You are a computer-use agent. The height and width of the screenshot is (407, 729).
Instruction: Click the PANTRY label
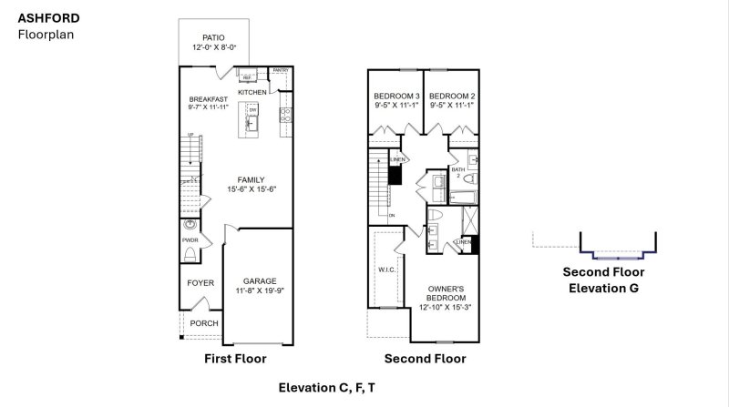281,69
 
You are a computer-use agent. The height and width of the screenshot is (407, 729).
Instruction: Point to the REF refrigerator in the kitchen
246,78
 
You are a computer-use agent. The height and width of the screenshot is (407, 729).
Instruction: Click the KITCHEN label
252,93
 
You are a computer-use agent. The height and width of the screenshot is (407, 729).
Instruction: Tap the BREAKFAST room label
208,99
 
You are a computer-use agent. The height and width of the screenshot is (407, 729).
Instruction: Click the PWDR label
190,240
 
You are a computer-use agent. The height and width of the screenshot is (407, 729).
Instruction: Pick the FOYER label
200,283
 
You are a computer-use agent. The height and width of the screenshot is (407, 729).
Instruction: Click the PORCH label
204,322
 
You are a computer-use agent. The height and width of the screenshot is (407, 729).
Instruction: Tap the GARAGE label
259,281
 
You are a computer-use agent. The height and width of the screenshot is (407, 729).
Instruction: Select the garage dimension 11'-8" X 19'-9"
259,292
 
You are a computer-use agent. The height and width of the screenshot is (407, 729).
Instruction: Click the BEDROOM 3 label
396,97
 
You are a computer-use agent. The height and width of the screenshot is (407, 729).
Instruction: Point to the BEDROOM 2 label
452,97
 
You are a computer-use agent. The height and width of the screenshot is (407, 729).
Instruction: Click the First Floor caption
234,359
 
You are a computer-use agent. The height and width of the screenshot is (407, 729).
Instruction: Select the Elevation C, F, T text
326,388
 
